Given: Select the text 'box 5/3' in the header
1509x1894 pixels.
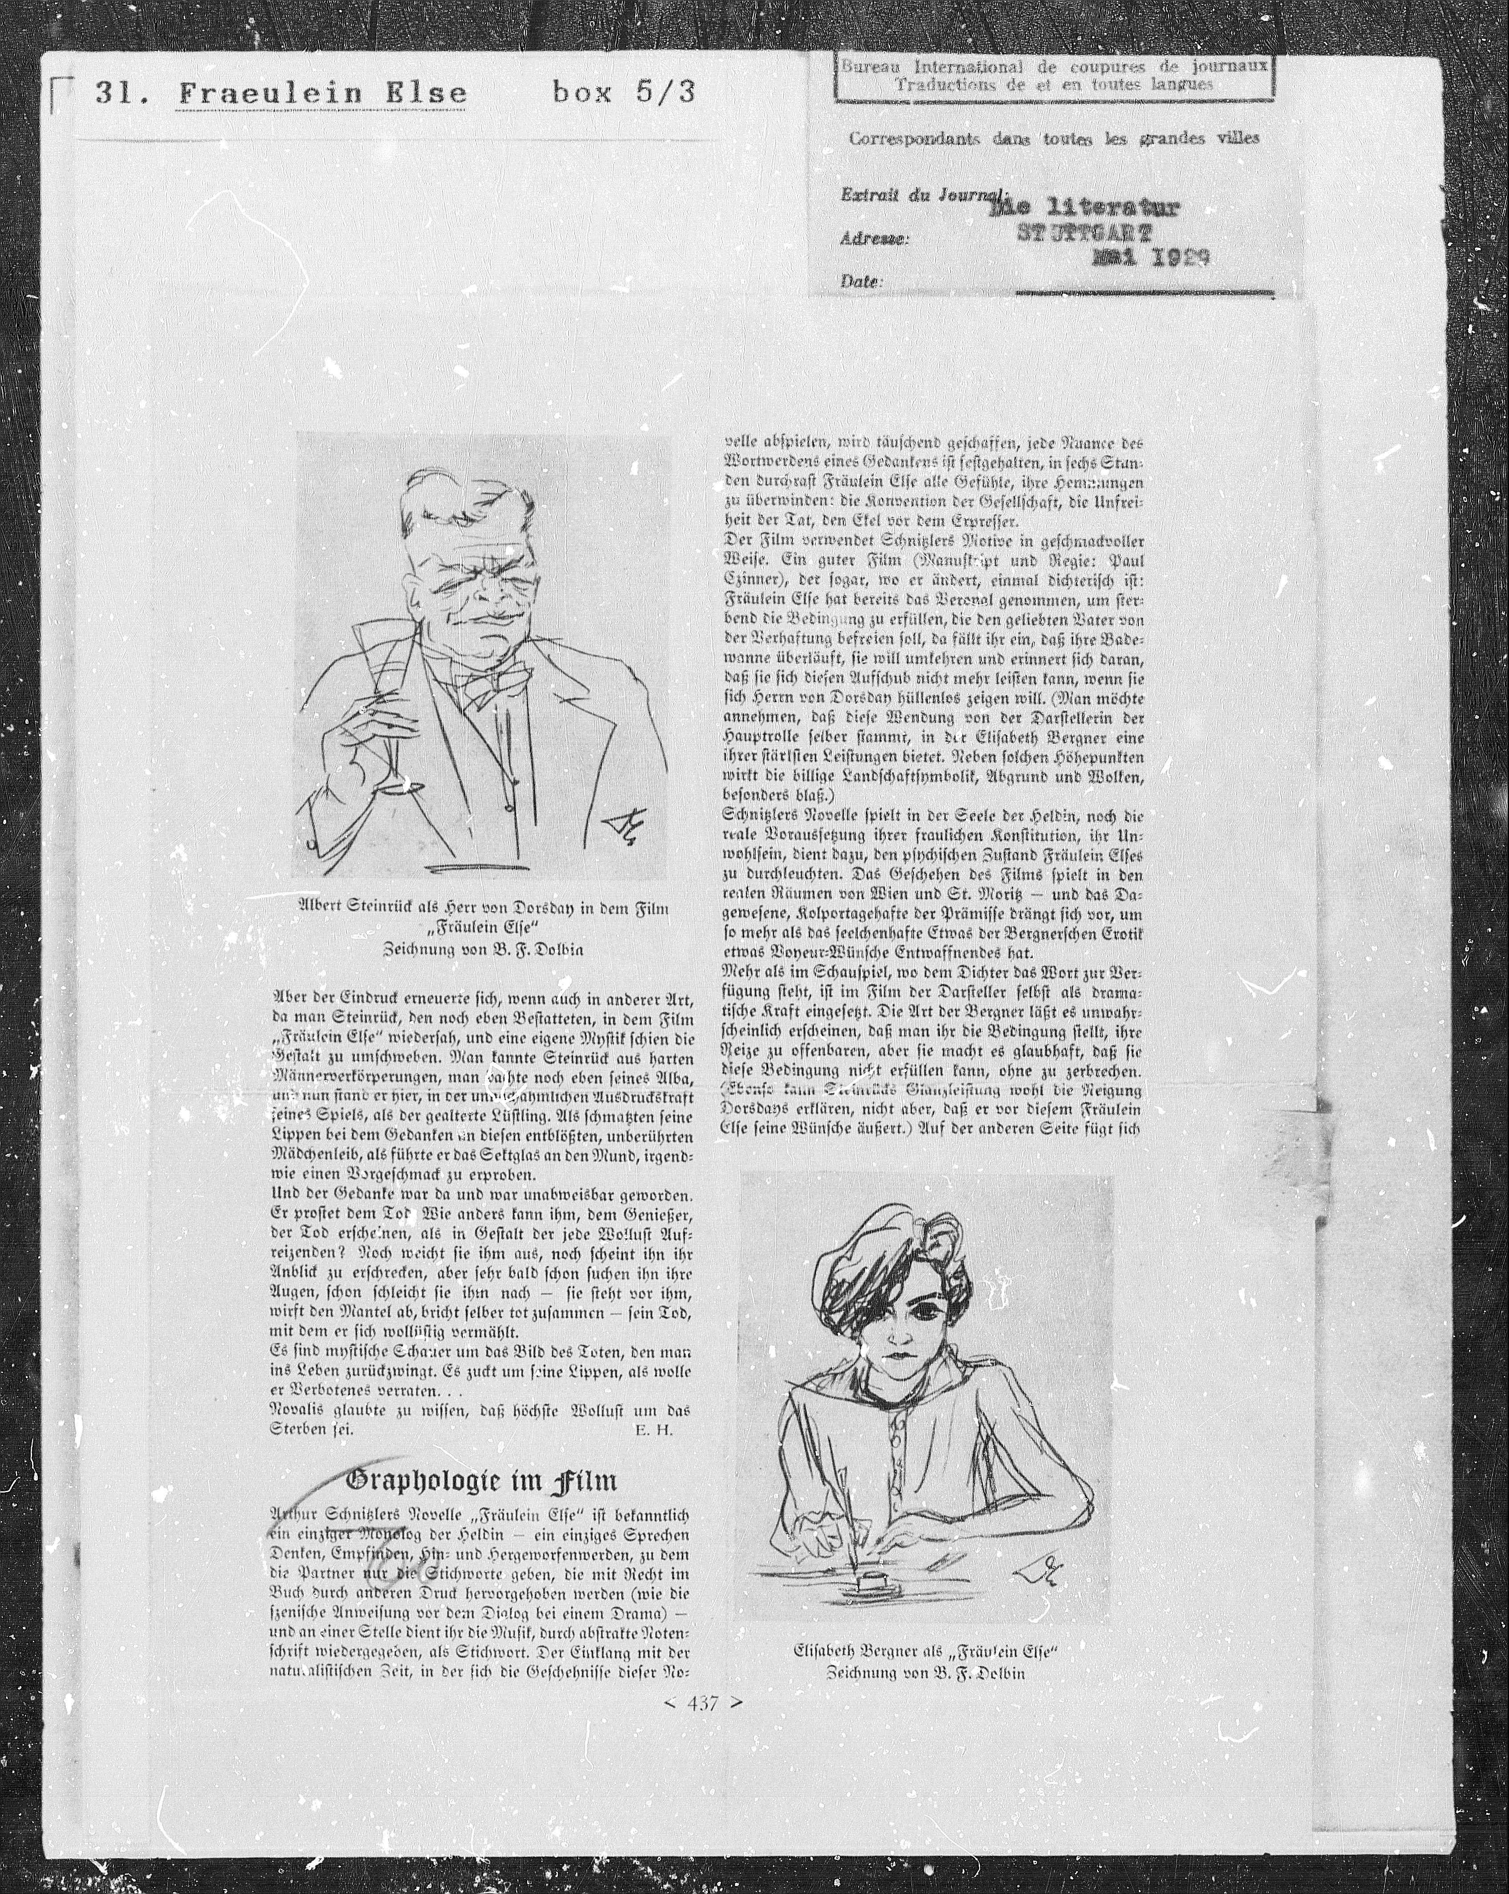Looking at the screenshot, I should coord(624,91).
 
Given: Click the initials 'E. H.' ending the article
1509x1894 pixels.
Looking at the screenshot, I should coord(652,1429).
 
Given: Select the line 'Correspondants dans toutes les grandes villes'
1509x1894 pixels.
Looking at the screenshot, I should coord(1054,138).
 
